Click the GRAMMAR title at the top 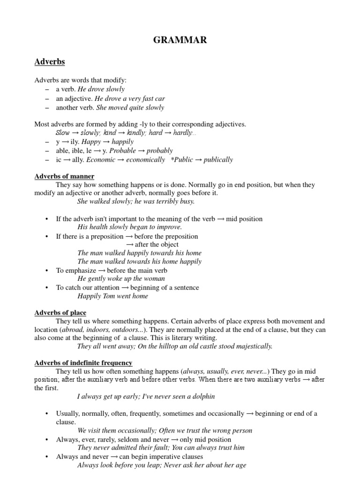coord(180,40)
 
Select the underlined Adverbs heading coord(49,62)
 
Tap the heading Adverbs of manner coord(64,176)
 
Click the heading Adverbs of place coord(60,313)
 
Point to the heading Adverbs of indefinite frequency coord(83,363)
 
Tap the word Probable coord(124,151)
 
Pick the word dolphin coord(204,397)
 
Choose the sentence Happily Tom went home coord(112,296)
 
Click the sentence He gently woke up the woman coord(121,278)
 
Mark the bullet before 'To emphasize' coord(47,271)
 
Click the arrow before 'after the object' coord(130,245)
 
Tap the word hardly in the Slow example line coord(182,133)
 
